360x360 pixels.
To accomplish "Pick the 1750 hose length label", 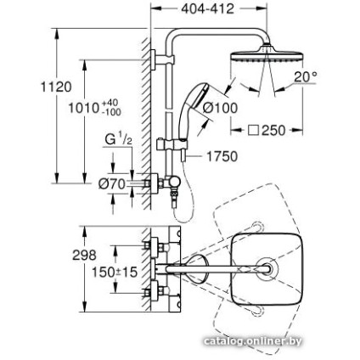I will (222, 156).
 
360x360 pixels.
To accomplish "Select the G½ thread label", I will (116, 139).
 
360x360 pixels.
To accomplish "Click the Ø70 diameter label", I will (111, 183).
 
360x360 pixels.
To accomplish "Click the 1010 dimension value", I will (82, 108).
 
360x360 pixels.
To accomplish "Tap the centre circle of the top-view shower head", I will (269, 268).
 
